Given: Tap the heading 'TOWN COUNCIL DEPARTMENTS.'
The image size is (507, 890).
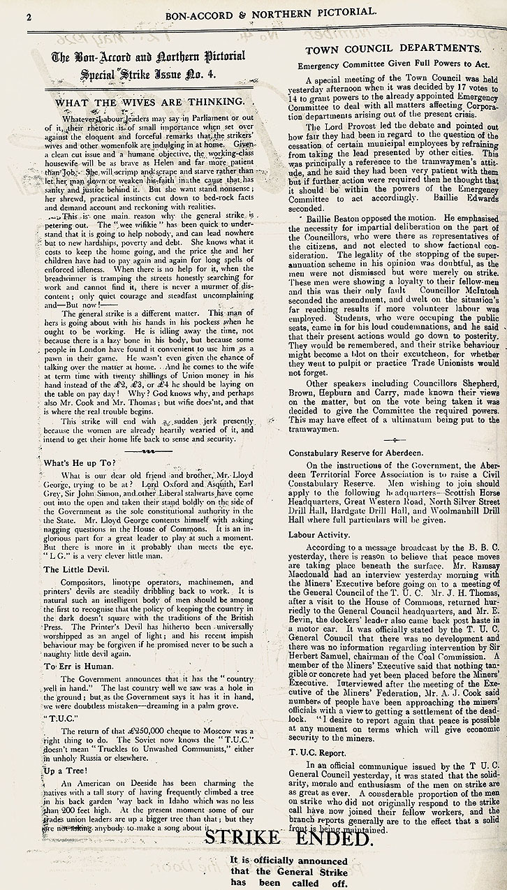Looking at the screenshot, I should tap(393, 48).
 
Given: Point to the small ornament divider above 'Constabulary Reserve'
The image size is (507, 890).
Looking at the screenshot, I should tap(395, 439).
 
